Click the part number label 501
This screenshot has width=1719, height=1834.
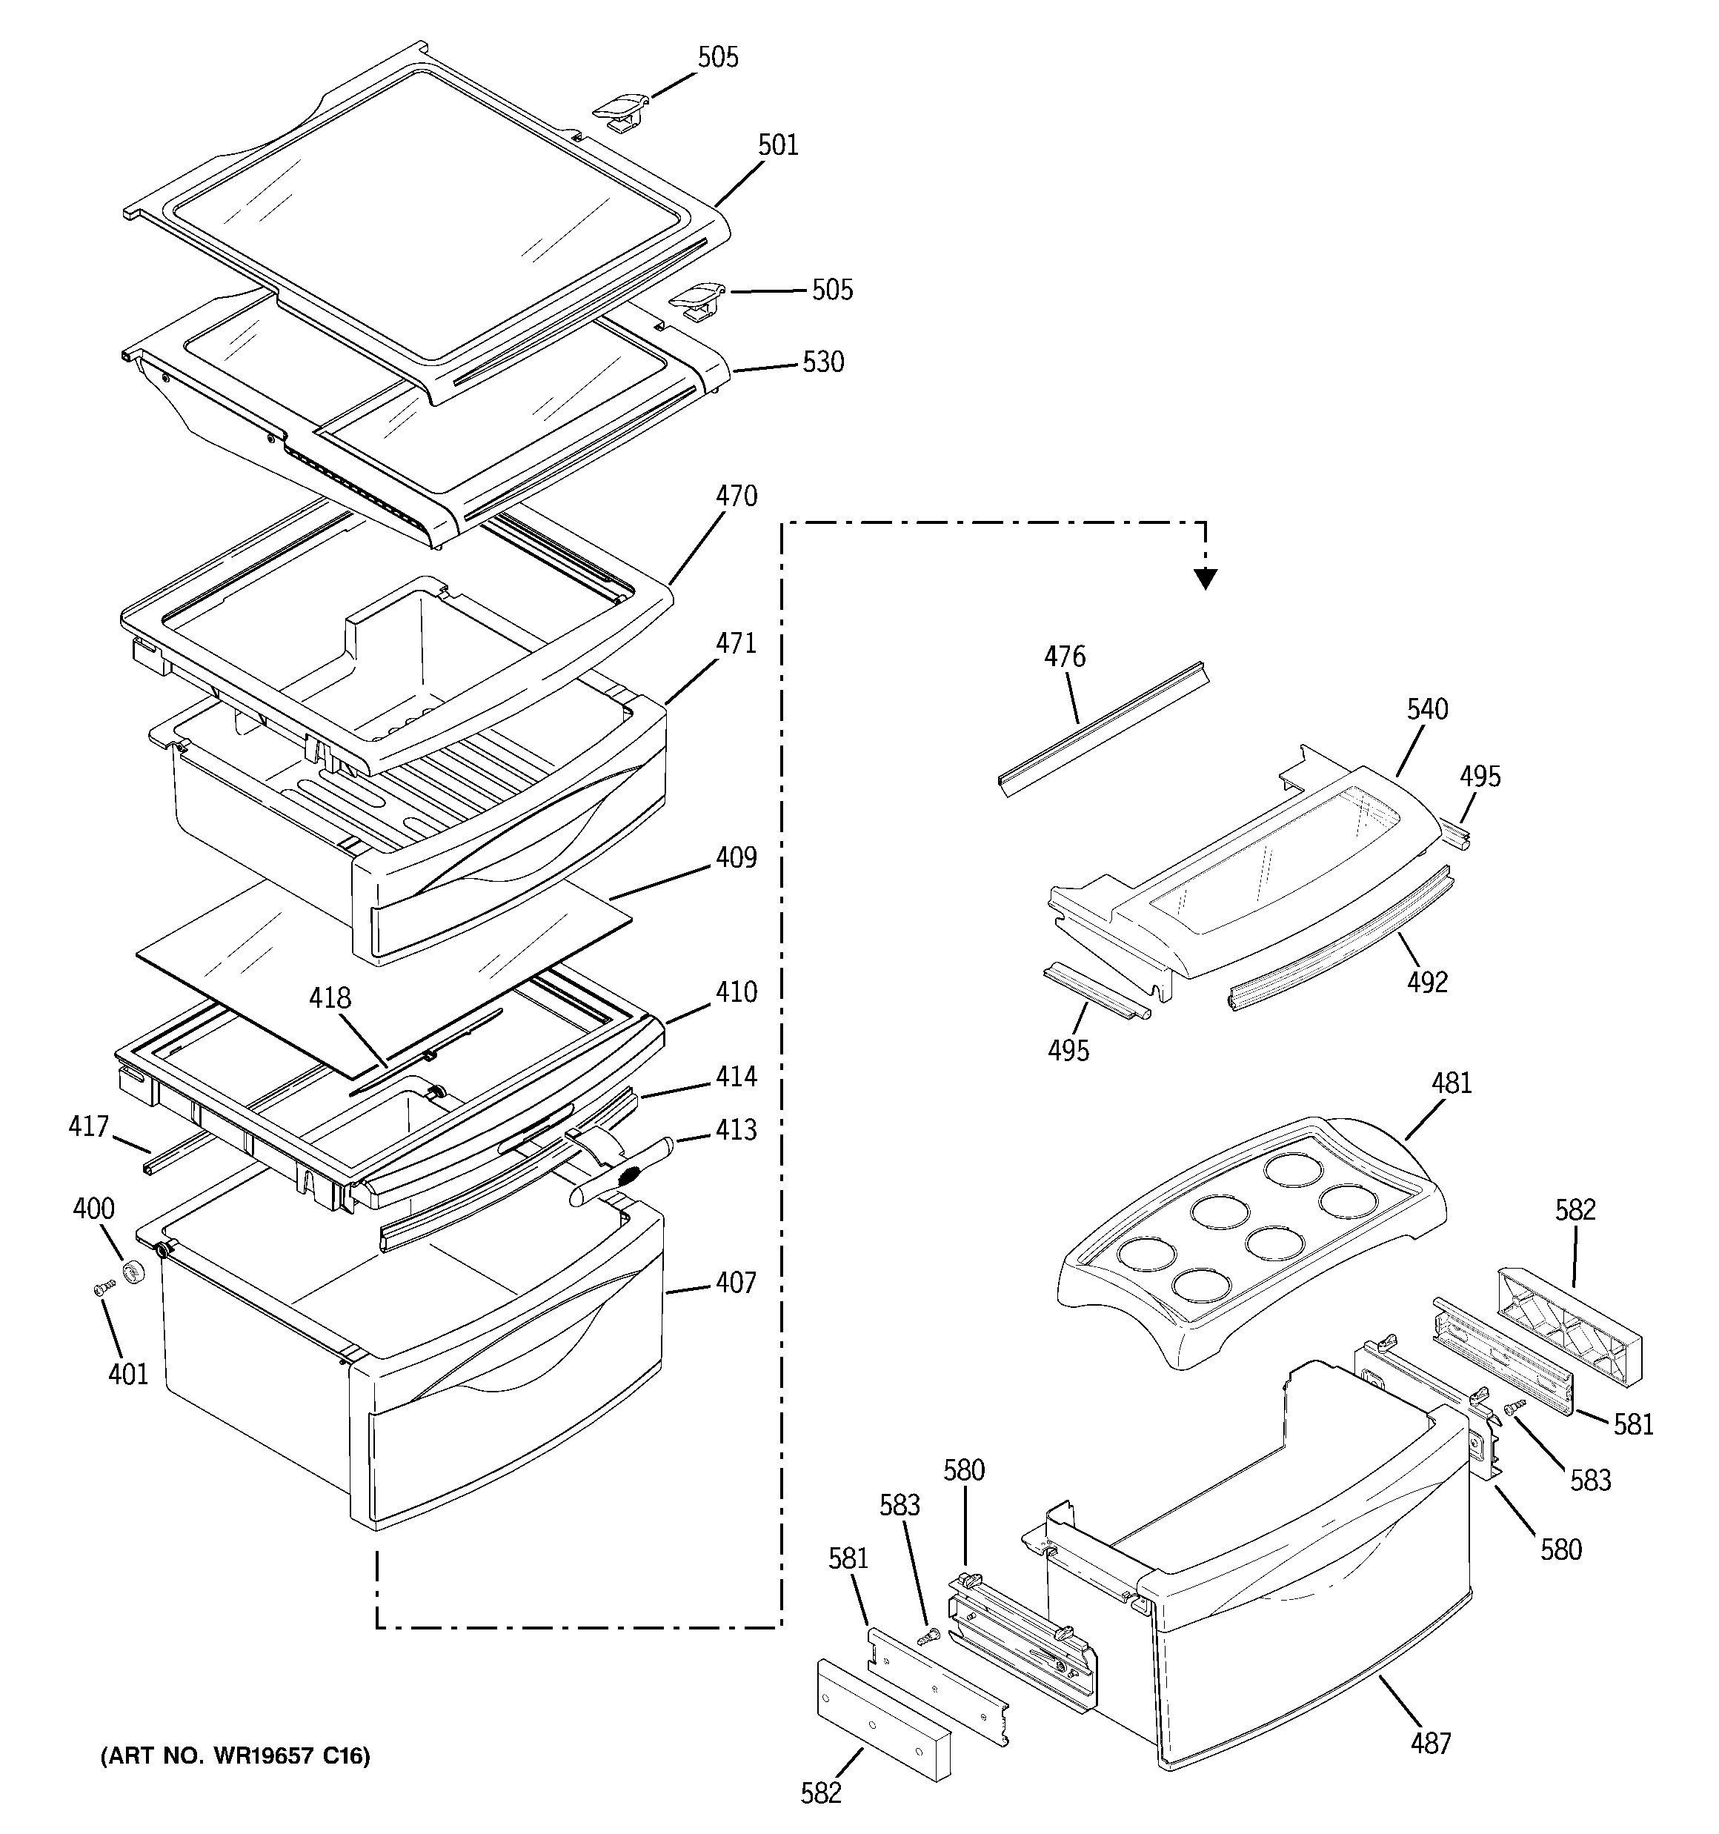click(x=778, y=144)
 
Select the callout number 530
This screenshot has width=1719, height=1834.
click(x=823, y=362)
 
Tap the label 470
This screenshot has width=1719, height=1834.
click(x=737, y=496)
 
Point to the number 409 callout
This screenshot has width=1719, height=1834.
click(x=737, y=858)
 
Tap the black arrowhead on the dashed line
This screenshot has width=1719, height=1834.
click(x=1205, y=579)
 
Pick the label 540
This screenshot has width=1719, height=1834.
click(x=1427, y=709)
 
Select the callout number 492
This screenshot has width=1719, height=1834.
click(x=1427, y=983)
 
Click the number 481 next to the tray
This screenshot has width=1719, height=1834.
click(x=1452, y=1083)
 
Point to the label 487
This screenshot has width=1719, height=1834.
click(x=1430, y=1743)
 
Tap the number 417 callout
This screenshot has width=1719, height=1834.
click(x=89, y=1126)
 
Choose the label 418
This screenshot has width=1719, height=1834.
click(x=330, y=997)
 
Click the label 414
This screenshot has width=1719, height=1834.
click(x=737, y=1077)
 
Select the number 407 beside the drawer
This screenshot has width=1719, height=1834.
click(x=736, y=1283)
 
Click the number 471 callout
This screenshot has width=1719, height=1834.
click(x=737, y=643)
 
